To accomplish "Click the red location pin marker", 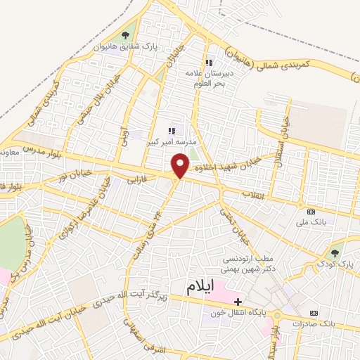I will pos(181,165).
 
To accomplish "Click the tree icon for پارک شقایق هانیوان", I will pos(127,34).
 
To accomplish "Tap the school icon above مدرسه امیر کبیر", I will pos(172,130).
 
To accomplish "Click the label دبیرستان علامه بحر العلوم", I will pos(208,78).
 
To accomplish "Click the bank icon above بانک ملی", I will pos(311,212).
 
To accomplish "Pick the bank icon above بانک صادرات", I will pos(314,313).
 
